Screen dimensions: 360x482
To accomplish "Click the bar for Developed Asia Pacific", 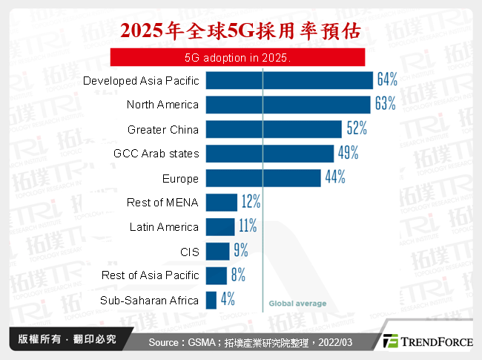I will point(288,80).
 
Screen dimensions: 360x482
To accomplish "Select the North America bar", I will point(288,105).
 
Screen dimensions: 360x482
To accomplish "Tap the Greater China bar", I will point(273,129).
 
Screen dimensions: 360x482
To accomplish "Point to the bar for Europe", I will point(263,178).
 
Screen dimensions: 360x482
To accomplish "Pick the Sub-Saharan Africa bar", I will point(211,300).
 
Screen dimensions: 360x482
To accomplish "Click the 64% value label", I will point(387,79).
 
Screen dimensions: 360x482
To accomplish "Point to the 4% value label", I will point(228,300).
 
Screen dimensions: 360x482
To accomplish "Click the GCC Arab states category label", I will point(156,154).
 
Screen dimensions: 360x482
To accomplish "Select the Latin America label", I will point(164,226).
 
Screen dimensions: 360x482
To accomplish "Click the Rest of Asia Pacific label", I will point(151,275).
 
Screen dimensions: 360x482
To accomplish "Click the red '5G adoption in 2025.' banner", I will point(237,57).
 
